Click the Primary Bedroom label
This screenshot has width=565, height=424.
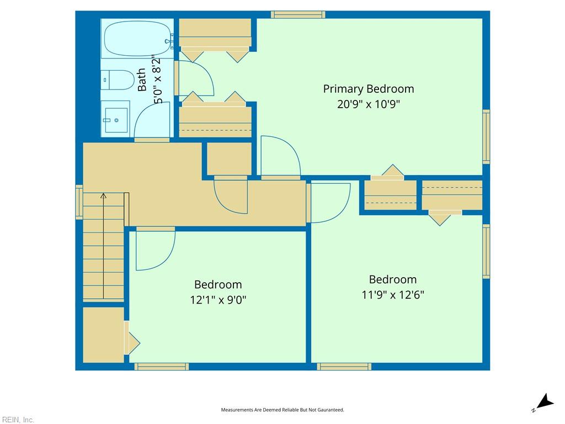(x=368, y=89)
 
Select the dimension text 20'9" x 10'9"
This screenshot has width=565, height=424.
(x=368, y=104)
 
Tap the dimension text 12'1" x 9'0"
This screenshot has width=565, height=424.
(x=218, y=300)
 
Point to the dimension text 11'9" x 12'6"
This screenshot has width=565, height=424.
(x=393, y=295)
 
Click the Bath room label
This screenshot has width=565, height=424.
(x=142, y=80)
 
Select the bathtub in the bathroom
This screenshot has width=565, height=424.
(x=136, y=39)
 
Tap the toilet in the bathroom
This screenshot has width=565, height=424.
(x=118, y=80)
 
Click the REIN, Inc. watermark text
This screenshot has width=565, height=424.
(x=18, y=420)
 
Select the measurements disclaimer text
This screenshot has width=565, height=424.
(x=282, y=410)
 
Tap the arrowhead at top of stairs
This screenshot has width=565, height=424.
(x=103, y=195)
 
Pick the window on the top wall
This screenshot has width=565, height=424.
(x=297, y=14)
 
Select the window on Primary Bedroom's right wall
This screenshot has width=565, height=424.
(x=486, y=136)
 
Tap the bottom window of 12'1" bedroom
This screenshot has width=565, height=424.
(x=162, y=367)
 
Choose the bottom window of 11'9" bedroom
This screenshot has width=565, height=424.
(x=344, y=367)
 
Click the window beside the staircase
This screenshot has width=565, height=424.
(x=79, y=202)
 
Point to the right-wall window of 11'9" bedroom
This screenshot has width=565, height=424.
(x=486, y=251)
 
